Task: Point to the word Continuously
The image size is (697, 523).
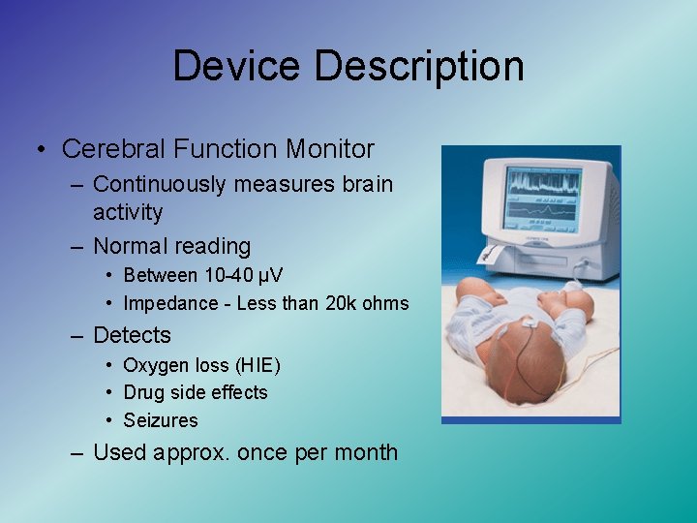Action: coord(159,184)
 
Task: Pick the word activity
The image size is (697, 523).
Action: coord(128,212)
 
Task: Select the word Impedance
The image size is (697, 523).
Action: coord(170,304)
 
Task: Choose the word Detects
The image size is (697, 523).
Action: coord(132,336)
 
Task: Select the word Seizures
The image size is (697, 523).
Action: coord(161,420)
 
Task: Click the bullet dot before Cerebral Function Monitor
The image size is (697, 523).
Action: coord(41,149)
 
